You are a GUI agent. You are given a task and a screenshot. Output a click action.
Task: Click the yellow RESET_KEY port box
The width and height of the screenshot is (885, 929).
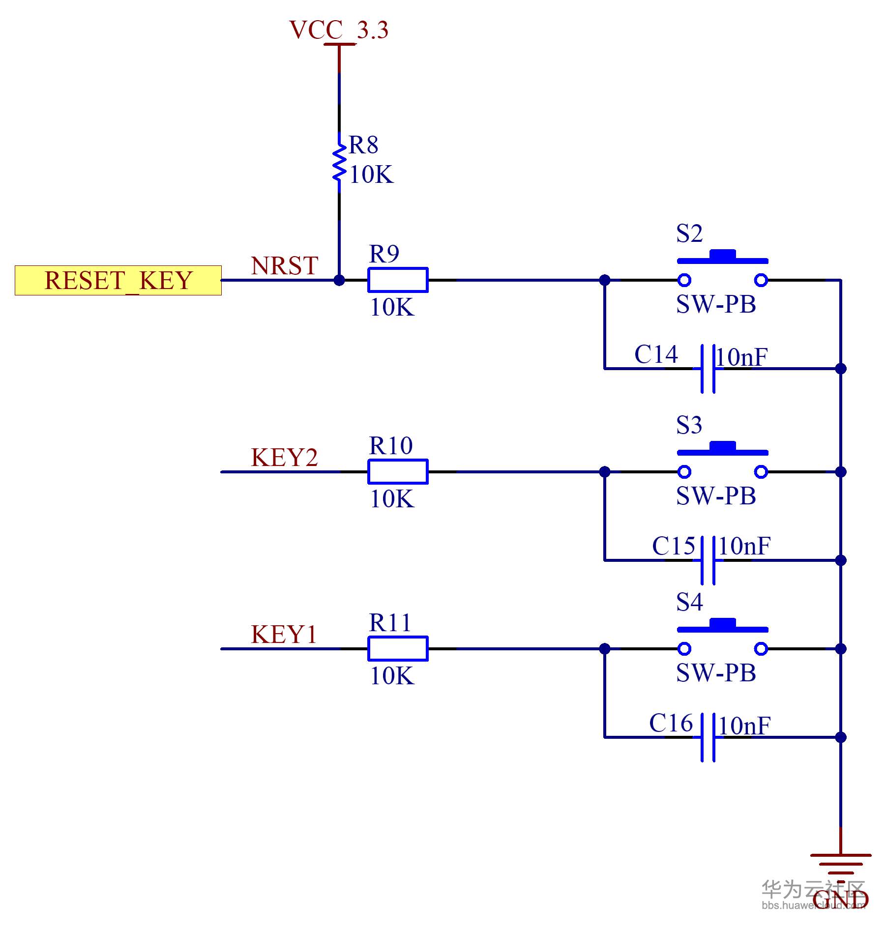(118, 281)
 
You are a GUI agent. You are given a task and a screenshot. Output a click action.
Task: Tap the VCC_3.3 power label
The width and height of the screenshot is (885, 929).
(339, 30)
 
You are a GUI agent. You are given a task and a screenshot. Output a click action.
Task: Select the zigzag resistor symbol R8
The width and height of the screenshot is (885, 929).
(339, 162)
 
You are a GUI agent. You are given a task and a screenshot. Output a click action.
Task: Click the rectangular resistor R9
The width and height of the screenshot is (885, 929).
(398, 280)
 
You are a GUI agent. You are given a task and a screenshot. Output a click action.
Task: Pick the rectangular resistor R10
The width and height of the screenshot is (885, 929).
(398, 472)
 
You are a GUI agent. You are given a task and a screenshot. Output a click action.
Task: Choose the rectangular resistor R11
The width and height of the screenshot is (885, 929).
(398, 649)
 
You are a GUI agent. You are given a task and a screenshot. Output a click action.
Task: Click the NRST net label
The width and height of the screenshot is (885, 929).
(284, 266)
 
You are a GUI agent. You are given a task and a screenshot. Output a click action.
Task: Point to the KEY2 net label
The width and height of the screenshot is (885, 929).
(284, 458)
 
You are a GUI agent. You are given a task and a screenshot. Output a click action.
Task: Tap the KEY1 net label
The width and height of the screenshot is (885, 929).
(284, 635)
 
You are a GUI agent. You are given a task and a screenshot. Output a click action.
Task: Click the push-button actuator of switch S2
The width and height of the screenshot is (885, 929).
(722, 257)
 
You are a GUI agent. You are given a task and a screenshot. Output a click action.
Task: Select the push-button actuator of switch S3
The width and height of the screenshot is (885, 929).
(722, 449)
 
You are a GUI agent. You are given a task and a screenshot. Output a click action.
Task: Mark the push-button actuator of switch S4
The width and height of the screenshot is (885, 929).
(722, 626)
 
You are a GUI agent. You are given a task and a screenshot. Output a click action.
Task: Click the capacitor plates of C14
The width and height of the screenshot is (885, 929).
(708, 369)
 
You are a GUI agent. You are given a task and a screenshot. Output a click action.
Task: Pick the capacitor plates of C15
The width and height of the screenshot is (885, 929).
(708, 560)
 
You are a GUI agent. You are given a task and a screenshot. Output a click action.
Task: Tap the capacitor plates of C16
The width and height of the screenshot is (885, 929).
(708, 737)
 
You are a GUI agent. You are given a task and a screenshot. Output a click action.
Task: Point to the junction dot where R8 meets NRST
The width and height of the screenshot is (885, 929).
(339, 280)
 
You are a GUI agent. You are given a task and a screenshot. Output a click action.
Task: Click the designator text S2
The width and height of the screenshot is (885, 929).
(689, 233)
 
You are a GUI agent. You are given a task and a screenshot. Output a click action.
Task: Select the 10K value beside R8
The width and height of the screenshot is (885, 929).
(371, 174)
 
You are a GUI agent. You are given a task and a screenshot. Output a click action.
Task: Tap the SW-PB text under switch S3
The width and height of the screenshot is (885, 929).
(716, 496)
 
